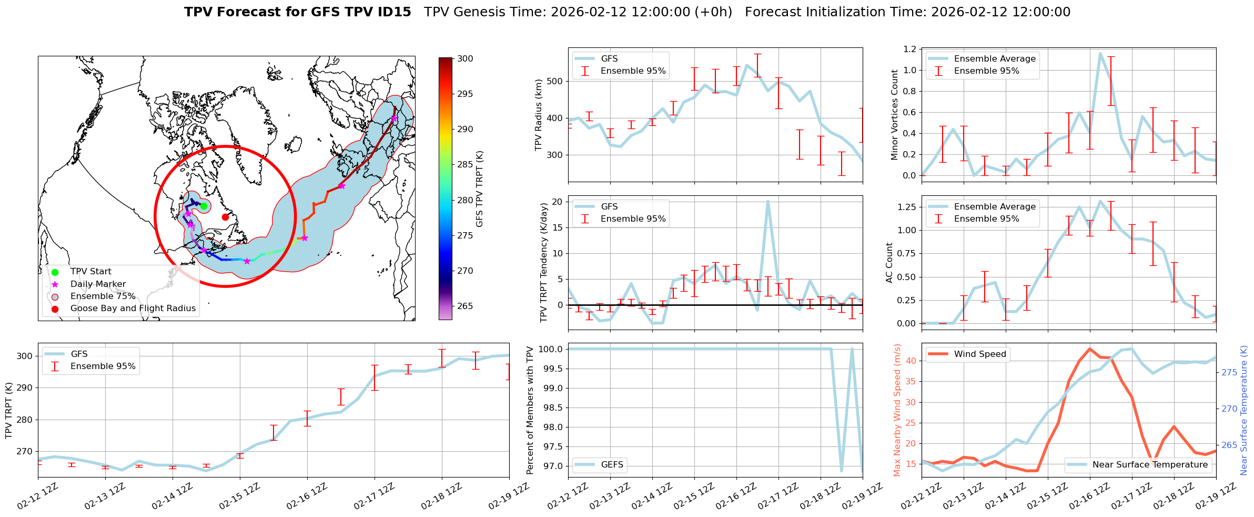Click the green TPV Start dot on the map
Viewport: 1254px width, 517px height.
click(204, 206)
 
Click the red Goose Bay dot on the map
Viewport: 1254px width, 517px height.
click(225, 217)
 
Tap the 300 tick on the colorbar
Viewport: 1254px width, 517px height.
click(465, 59)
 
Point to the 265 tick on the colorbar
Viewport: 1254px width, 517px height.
click(465, 306)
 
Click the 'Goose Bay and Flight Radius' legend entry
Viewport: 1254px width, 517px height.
click(133, 309)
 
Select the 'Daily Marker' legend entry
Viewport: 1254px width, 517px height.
click(98, 284)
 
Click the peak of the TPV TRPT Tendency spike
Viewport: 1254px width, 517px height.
click(768, 201)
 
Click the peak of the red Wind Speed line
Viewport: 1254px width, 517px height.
click(1089, 349)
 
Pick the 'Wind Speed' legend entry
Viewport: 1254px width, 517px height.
click(979, 354)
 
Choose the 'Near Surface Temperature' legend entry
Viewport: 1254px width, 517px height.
click(1150, 464)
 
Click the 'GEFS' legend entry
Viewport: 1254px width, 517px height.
click(612, 464)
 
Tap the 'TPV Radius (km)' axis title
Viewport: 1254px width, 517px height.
click(538, 115)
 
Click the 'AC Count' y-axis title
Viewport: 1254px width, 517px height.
click(889, 263)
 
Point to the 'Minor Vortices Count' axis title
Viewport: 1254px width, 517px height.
click(894, 115)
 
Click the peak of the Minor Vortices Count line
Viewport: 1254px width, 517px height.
click(1100, 53)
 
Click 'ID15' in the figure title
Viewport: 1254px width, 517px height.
click(394, 12)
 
